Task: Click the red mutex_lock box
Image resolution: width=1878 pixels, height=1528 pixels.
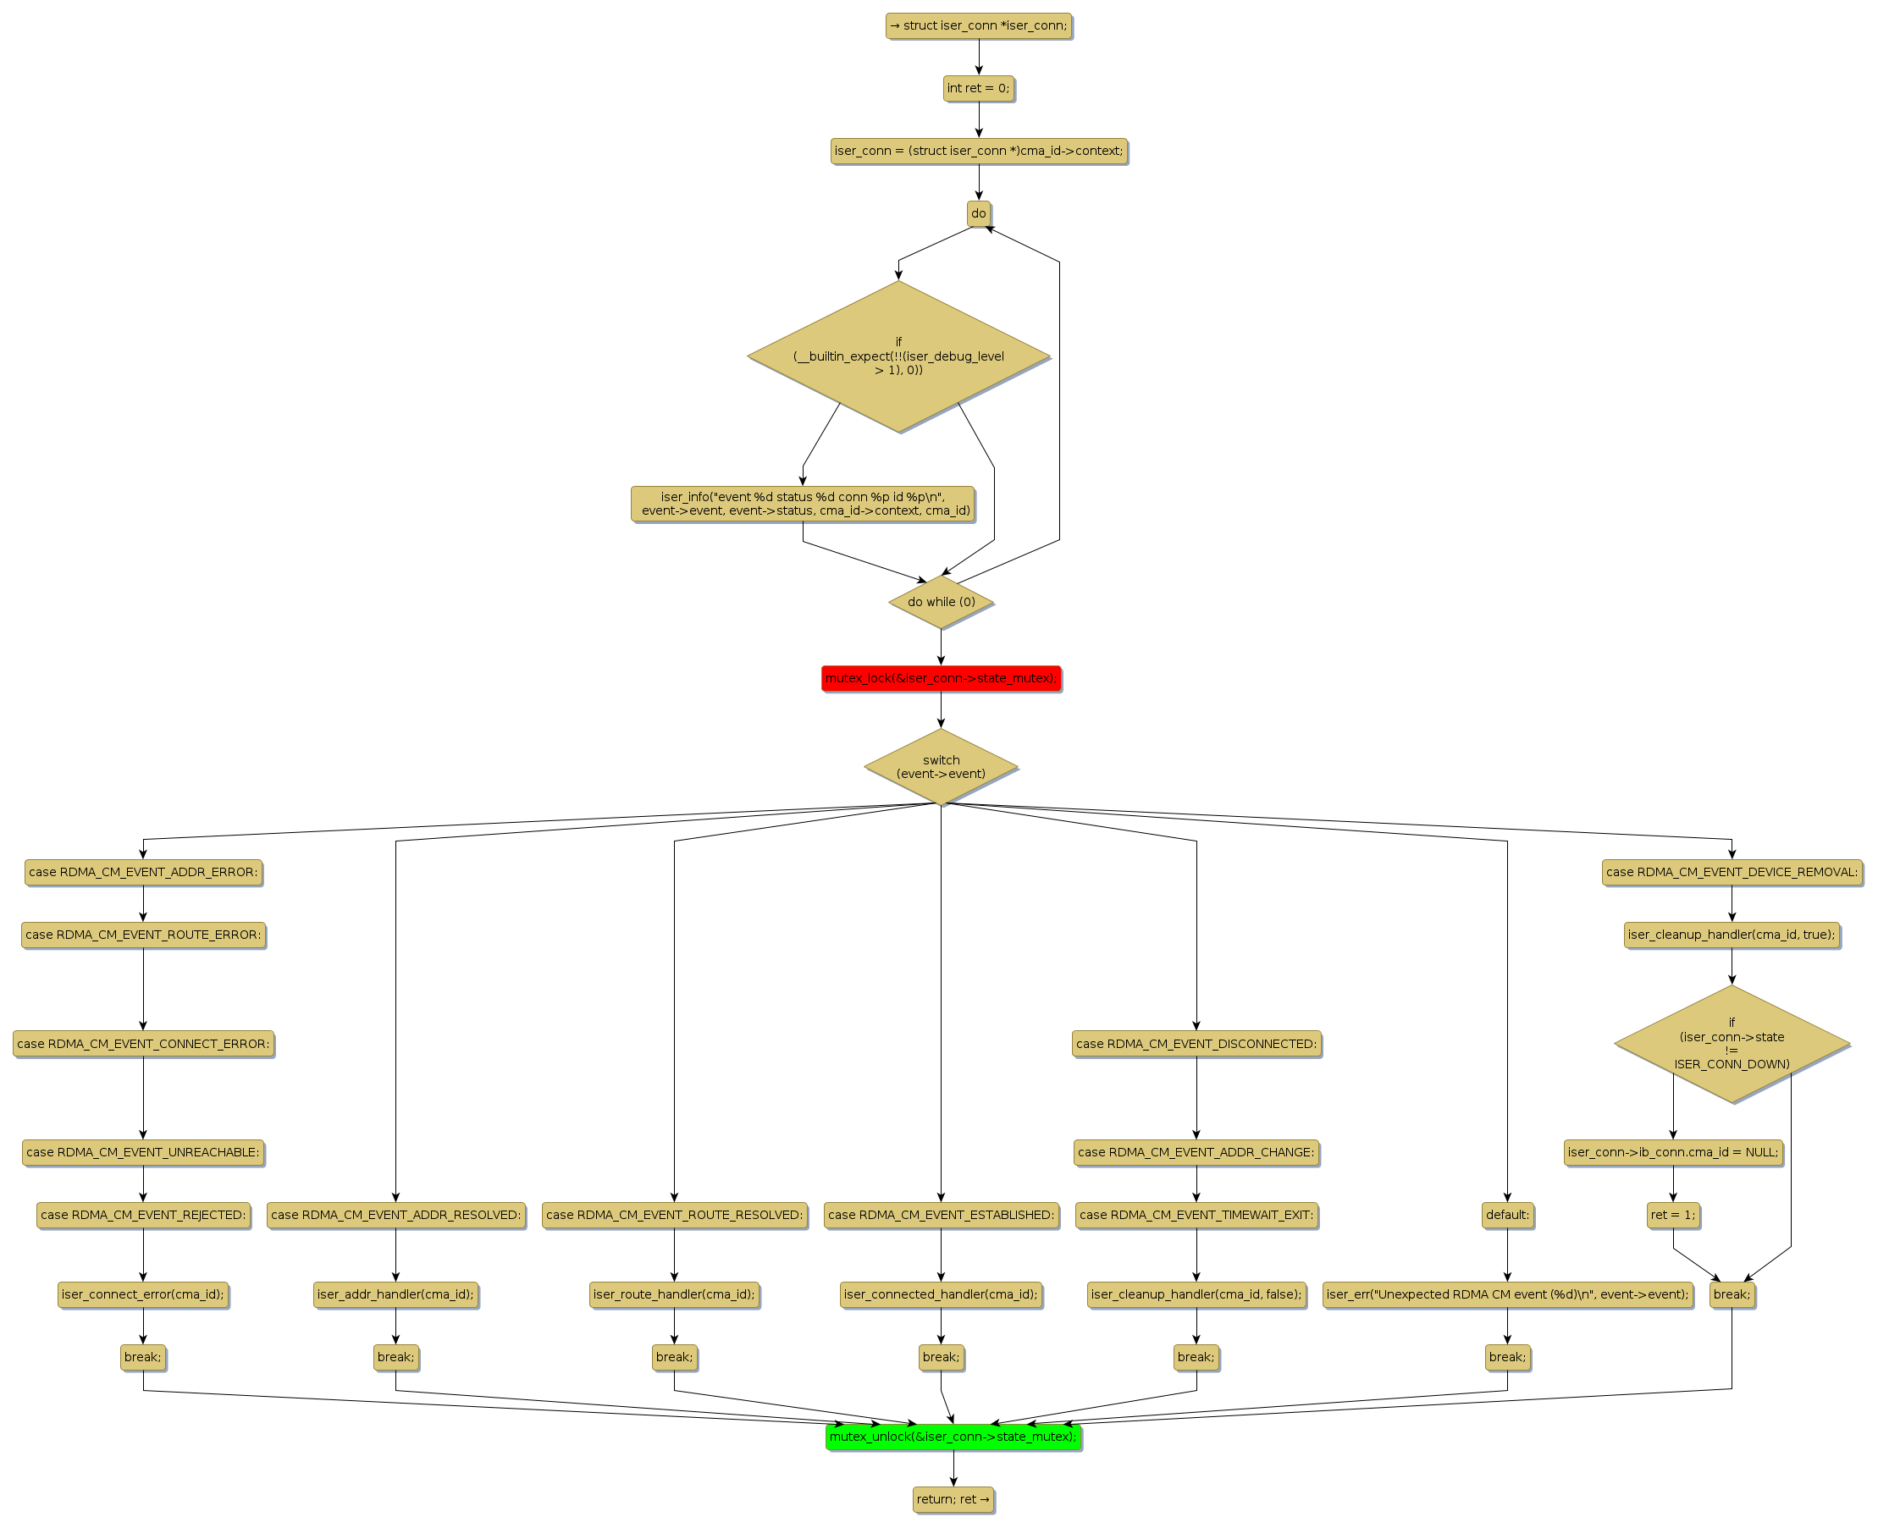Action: click(941, 679)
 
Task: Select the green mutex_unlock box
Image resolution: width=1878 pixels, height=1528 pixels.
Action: click(953, 1437)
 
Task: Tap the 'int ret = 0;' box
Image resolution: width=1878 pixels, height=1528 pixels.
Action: click(978, 88)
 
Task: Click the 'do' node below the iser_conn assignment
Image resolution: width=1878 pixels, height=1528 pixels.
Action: click(978, 213)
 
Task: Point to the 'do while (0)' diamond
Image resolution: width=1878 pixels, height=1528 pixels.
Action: click(942, 602)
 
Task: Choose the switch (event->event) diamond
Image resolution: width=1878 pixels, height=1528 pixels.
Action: click(941, 767)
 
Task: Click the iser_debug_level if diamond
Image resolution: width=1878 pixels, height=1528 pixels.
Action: click(898, 356)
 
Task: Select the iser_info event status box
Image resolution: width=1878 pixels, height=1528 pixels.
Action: click(803, 504)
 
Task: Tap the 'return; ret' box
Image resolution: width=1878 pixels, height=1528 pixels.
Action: click(953, 1499)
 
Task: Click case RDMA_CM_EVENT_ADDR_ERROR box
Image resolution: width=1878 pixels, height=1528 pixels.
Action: click(143, 872)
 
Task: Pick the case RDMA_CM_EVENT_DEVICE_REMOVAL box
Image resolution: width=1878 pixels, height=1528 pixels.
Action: click(1731, 872)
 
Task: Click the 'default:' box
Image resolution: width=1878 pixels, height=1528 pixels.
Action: click(1507, 1215)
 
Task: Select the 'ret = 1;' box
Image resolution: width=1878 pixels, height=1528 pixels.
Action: click(1673, 1215)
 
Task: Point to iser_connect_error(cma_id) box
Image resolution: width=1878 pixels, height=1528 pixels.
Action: click(143, 1294)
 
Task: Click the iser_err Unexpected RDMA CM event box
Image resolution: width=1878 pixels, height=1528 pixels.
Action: click(1507, 1294)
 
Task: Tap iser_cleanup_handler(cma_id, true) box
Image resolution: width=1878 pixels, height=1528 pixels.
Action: click(1731, 935)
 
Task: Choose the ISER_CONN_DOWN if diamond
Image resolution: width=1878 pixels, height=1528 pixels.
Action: click(1731, 1043)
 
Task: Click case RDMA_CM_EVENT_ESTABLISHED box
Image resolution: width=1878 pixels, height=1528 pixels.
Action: click(941, 1215)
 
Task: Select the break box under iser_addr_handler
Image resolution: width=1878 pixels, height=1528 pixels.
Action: click(395, 1356)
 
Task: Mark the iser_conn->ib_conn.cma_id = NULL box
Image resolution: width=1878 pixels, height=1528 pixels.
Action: click(1673, 1152)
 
